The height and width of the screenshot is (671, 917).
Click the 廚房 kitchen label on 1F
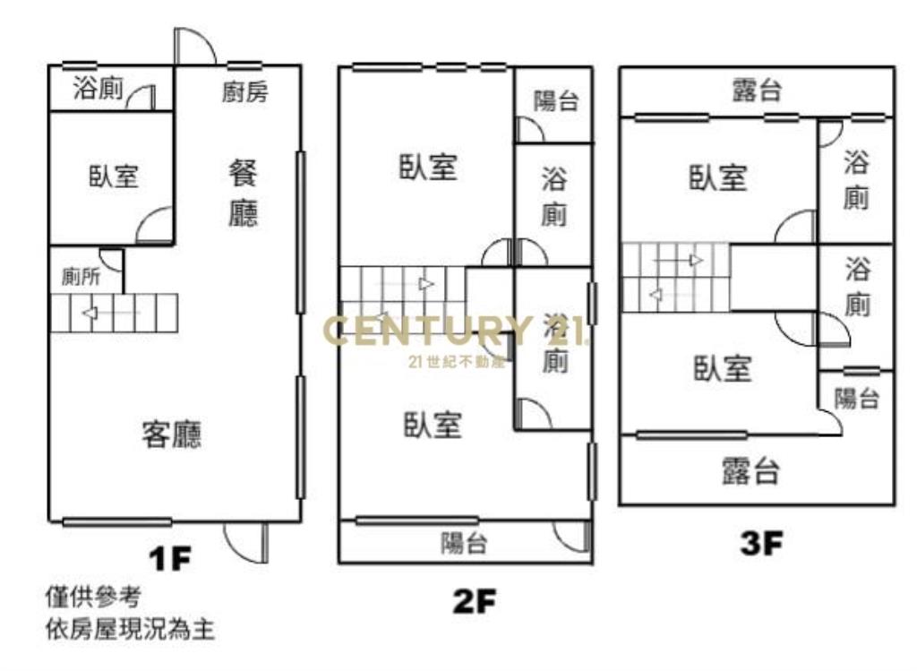(245, 92)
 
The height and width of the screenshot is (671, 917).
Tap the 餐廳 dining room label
(243, 193)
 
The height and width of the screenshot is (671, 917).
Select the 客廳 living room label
(171, 434)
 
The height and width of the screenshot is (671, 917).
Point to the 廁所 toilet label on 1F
(81, 277)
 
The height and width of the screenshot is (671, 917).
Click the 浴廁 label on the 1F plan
(99, 89)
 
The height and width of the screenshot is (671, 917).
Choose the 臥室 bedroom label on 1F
(114, 176)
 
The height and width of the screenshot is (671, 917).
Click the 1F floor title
(170, 559)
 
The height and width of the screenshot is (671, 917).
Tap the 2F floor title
(475, 601)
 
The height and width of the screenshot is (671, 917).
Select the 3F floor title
(761, 543)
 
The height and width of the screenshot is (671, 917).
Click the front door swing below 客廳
(246, 542)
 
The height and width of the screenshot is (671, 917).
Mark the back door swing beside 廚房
(195, 47)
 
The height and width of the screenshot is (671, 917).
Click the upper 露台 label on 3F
(757, 90)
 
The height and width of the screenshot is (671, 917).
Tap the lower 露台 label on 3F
(751, 471)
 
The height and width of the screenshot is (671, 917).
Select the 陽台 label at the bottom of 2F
(464, 543)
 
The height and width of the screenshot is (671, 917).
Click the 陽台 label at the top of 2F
(555, 100)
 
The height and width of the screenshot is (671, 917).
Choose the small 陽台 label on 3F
(856, 399)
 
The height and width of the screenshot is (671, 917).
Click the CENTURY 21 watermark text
(454, 331)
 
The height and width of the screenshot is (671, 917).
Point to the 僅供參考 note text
(93, 598)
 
